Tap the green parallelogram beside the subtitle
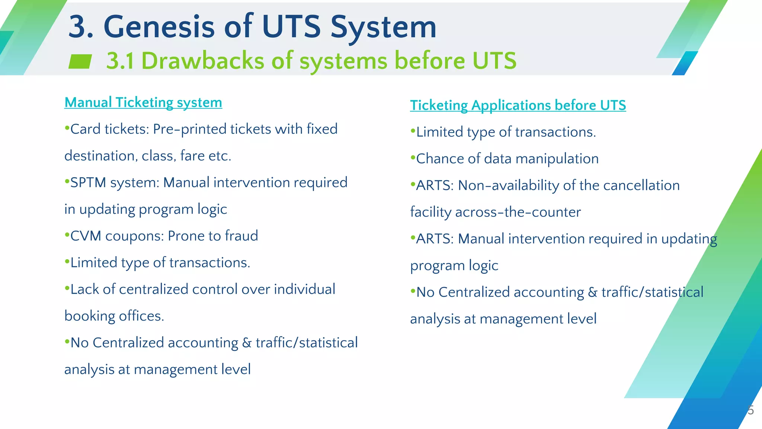coord(80,61)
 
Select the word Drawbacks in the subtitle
coord(203,61)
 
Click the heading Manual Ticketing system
coord(143,102)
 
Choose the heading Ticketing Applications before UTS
coord(518,105)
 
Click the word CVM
coord(86,236)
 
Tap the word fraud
coord(241,236)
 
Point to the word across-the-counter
coord(518,212)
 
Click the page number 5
coord(751,410)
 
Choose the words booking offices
coord(114,316)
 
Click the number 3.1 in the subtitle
coord(120,61)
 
